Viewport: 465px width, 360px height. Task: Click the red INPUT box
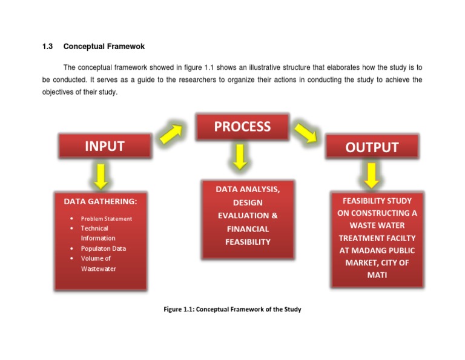(x=104, y=146)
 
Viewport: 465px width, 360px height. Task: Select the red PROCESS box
(x=242, y=127)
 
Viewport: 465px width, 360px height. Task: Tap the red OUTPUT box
(x=372, y=147)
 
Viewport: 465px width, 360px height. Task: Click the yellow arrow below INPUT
(x=101, y=175)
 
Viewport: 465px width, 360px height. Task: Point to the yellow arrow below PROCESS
(x=240, y=157)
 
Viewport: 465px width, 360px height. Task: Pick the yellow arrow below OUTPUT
(x=371, y=175)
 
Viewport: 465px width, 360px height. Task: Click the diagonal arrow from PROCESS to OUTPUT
(x=305, y=131)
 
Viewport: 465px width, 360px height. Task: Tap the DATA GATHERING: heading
(x=101, y=201)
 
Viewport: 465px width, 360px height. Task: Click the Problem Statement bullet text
(x=107, y=219)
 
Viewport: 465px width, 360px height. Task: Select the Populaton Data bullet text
(x=104, y=248)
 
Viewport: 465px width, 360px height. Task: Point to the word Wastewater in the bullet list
(x=98, y=268)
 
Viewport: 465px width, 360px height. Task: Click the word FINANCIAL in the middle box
(x=248, y=229)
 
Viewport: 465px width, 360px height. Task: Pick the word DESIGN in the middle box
(x=248, y=202)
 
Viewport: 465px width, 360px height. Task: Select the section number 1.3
(x=48, y=47)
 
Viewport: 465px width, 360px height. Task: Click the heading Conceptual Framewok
(x=104, y=47)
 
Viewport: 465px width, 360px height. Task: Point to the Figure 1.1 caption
(x=232, y=309)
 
